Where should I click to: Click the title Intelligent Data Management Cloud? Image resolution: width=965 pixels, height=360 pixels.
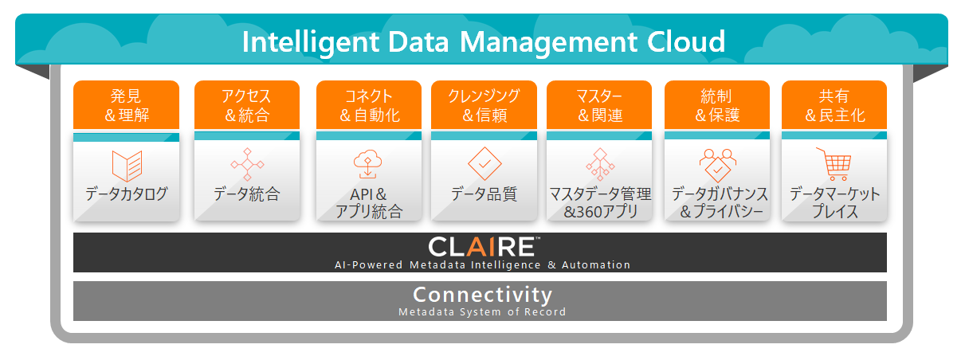point(483,41)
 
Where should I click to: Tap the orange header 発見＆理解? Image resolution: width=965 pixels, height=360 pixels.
point(126,106)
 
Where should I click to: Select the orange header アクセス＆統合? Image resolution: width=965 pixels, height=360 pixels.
point(247,106)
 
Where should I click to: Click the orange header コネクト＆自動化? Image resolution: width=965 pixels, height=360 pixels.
point(369,106)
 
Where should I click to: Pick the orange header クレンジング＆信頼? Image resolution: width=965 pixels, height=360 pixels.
point(484,106)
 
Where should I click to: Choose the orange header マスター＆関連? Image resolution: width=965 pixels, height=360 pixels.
point(599,106)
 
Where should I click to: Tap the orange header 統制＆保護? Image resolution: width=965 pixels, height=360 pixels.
point(717,106)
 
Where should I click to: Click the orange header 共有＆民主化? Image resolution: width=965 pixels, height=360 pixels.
point(834,106)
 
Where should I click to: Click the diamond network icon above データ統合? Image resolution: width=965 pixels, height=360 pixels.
point(247,164)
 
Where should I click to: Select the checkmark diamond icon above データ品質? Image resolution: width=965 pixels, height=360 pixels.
point(484,163)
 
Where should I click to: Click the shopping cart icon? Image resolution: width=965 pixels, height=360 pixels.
point(834,164)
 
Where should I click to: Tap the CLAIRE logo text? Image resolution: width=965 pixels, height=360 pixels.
point(483,245)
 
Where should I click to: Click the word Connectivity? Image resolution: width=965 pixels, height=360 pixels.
point(483,295)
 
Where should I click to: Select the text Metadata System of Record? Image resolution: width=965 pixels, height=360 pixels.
point(483,312)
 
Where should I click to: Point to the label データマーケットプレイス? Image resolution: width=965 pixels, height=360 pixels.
point(834,203)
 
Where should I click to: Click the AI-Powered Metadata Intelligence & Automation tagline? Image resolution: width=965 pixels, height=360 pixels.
point(483,264)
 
